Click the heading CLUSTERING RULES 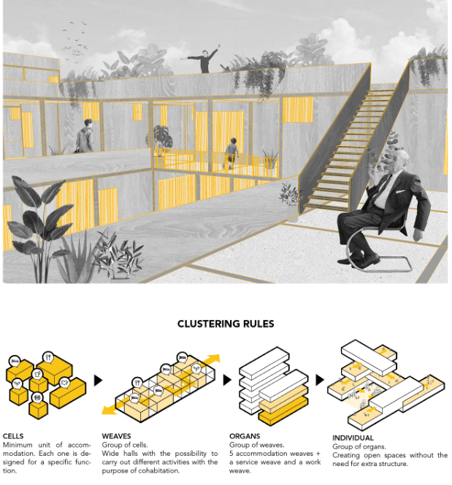(226, 324)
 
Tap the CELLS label (13, 436)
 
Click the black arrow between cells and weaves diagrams (98, 381)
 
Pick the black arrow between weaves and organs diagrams (226, 381)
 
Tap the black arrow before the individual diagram (320, 381)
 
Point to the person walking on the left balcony (86, 137)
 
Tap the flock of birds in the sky (75, 40)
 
